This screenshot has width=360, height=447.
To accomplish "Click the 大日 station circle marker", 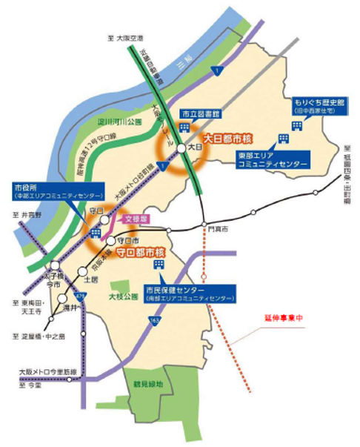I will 181,149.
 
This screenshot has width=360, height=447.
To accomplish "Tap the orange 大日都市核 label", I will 227,138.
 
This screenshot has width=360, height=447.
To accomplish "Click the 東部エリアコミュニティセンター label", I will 273,161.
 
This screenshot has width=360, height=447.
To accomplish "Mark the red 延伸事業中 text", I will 284,317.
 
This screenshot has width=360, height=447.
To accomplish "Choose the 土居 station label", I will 92,280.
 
